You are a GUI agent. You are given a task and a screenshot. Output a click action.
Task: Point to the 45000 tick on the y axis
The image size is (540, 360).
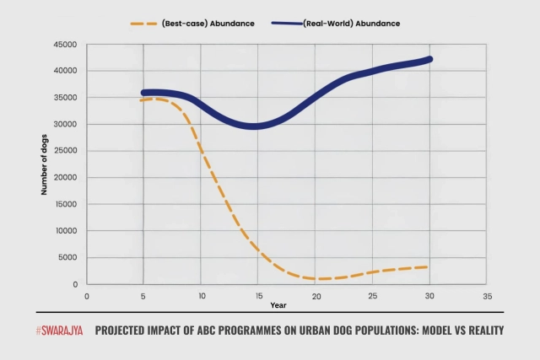64,45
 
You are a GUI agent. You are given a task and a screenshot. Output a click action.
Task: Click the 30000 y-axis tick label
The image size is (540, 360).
64,125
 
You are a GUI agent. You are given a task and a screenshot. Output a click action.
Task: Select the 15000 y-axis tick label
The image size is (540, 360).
64,205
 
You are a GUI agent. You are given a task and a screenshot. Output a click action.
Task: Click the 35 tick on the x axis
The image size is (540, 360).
487,296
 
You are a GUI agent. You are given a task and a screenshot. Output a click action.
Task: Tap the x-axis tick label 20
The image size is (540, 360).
315,296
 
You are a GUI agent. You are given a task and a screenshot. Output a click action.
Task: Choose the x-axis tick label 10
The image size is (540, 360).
201,296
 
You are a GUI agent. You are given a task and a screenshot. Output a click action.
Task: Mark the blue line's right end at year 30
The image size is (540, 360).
429,59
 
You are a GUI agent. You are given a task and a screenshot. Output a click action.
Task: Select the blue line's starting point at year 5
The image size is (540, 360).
144,94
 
